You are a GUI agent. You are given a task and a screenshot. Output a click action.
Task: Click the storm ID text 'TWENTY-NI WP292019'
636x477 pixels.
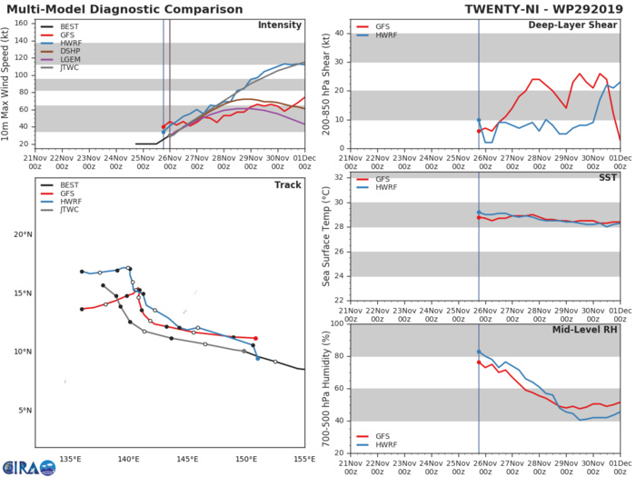[x=546, y=8]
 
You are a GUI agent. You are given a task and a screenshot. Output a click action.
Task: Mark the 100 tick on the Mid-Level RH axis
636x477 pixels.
[x=337, y=323]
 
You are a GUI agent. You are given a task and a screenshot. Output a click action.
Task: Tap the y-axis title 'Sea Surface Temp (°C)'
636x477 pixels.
[x=324, y=238]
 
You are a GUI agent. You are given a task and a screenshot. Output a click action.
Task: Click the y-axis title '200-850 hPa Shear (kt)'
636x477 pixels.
[x=324, y=84]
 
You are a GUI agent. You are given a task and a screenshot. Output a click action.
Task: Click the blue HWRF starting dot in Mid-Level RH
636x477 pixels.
[x=479, y=352]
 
